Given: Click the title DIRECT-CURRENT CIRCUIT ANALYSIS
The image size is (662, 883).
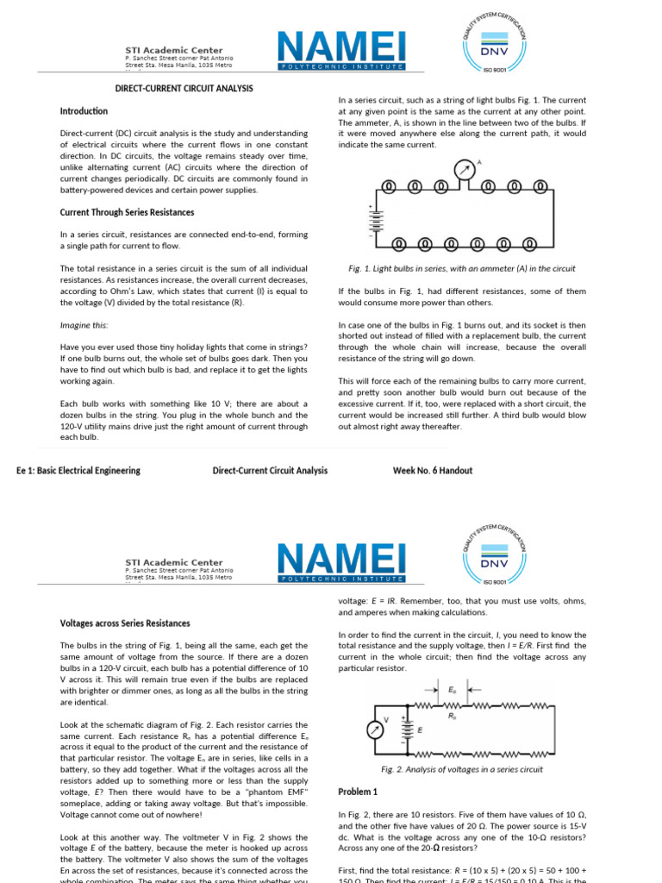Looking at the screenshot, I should pos(184,88).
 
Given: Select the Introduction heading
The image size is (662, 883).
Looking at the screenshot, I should pos(84,111).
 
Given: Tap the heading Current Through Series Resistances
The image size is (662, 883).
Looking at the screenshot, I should pos(127,212).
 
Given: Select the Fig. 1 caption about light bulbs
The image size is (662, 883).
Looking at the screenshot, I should pos(457,269).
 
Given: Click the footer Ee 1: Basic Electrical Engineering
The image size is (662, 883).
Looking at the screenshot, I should pos(78,471).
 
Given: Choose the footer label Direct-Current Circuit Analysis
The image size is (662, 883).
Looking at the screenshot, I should pos(270,471).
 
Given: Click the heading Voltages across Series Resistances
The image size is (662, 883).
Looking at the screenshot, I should pos(125,623).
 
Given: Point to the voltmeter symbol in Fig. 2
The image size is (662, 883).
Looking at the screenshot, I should pos(375,729).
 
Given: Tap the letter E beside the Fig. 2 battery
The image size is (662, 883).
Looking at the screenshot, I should pos(420,730).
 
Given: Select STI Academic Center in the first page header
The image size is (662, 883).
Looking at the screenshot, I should pos(173,50).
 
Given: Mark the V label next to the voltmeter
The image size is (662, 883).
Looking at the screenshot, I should pos(385,719).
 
